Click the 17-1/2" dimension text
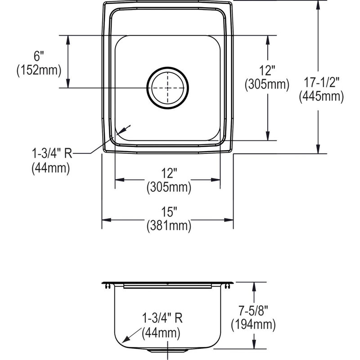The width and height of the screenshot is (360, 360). (x=321, y=82)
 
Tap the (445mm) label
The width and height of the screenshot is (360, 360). (x=321, y=96)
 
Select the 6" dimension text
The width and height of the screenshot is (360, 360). (x=39, y=56)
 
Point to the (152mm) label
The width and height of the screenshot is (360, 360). (x=39, y=70)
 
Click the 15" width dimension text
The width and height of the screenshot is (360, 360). (x=169, y=211)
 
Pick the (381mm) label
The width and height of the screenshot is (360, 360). (x=169, y=226)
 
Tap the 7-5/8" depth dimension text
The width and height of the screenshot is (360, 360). (x=253, y=311)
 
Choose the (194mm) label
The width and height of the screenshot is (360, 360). (x=253, y=325)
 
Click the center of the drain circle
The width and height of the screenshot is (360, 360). (x=167, y=88)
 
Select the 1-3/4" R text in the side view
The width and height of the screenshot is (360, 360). (x=162, y=318)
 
